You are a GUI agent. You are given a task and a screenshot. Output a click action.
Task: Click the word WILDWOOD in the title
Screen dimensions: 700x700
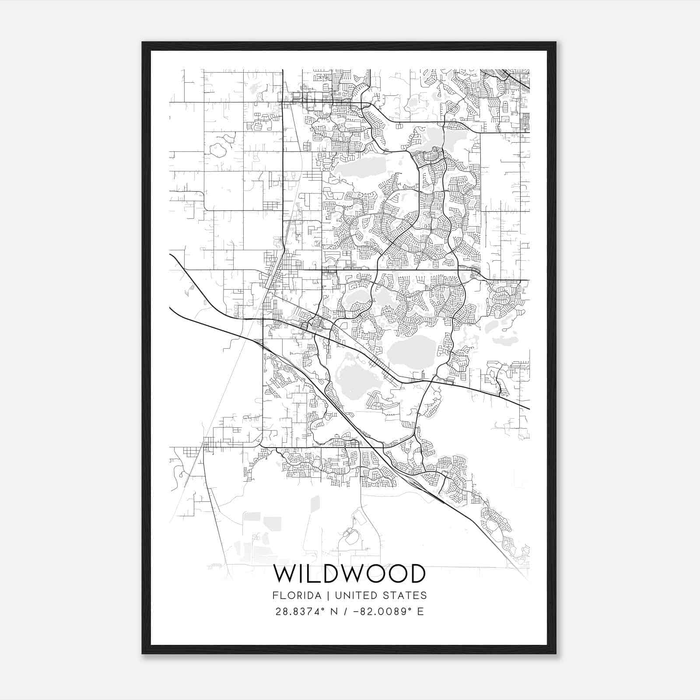point(350,574)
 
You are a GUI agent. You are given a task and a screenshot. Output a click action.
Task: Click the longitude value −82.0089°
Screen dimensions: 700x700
point(384,612)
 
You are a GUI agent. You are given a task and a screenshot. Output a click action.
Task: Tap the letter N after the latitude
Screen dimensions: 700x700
point(334,612)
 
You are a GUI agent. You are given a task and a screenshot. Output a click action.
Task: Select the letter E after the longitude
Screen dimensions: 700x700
point(420,612)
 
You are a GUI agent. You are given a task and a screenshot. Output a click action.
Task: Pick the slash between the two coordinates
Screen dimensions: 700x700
point(348,612)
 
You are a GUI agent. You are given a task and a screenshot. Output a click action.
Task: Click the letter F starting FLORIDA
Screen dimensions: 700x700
point(275,595)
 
